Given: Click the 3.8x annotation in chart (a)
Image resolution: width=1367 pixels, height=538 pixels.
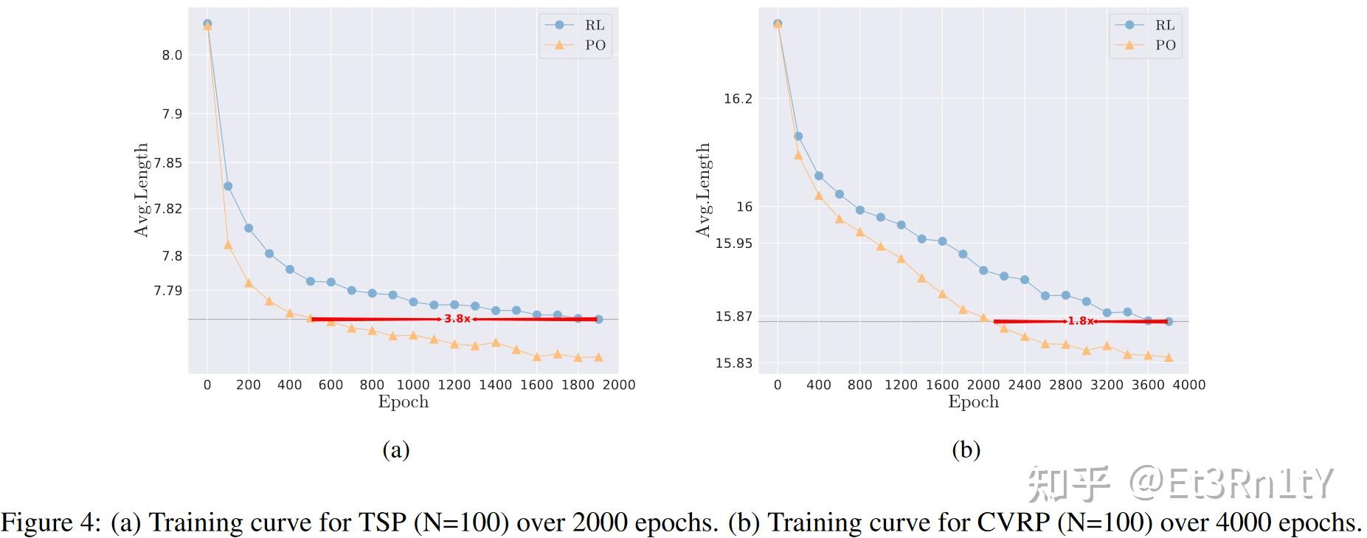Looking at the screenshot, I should pyautogui.click(x=457, y=319).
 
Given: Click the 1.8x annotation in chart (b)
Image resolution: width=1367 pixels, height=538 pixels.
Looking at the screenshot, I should pyautogui.click(x=1080, y=321).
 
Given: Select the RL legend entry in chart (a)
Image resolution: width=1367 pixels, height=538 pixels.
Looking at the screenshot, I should pyautogui.click(x=594, y=25).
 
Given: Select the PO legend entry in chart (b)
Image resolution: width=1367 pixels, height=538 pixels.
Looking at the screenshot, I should pyautogui.click(x=1164, y=45).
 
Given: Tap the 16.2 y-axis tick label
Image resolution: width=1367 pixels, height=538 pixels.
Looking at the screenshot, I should pyautogui.click(x=738, y=98).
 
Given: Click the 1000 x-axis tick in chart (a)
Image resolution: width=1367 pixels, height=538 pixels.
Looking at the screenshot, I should pyautogui.click(x=412, y=384).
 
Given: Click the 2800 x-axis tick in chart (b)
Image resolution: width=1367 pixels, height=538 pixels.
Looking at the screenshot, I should pyautogui.click(x=1065, y=384).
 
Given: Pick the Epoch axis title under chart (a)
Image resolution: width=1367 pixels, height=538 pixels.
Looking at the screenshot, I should pyautogui.click(x=403, y=402).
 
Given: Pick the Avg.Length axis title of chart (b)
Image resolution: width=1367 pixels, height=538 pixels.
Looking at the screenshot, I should pyautogui.click(x=703, y=190).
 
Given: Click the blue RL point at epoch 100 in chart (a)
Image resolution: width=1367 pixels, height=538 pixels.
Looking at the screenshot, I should pyautogui.click(x=228, y=186).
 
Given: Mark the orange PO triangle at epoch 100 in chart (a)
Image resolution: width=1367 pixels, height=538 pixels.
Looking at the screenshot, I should pyautogui.click(x=228, y=245).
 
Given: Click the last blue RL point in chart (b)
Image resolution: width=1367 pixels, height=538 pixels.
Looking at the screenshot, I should pyautogui.click(x=1168, y=321).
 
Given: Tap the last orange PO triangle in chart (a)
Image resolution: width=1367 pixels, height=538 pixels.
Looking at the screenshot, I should pyautogui.click(x=598, y=357).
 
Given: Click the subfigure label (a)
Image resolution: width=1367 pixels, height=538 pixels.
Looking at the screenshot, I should pyautogui.click(x=395, y=449).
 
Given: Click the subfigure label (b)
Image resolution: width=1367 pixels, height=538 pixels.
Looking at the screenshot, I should pyautogui.click(x=966, y=449).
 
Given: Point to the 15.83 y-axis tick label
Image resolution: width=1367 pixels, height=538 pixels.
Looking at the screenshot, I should pyautogui.click(x=733, y=363).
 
